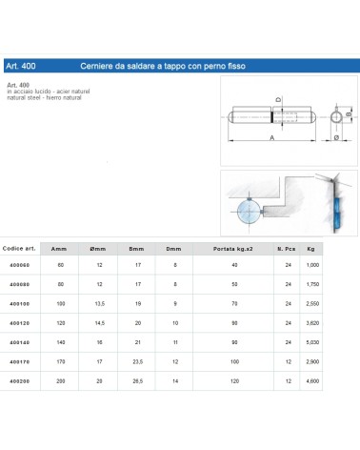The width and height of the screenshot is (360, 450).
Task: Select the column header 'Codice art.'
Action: coord(18,247)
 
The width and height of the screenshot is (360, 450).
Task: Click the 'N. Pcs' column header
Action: coord(287,247)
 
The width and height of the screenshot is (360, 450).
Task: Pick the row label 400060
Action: coord(18,263)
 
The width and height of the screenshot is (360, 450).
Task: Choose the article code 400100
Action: coord(18,301)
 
